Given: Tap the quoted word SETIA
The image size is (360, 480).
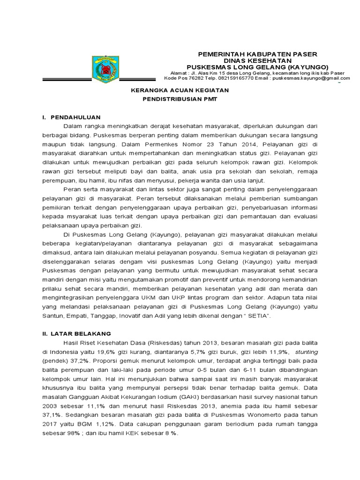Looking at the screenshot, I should [257, 316].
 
